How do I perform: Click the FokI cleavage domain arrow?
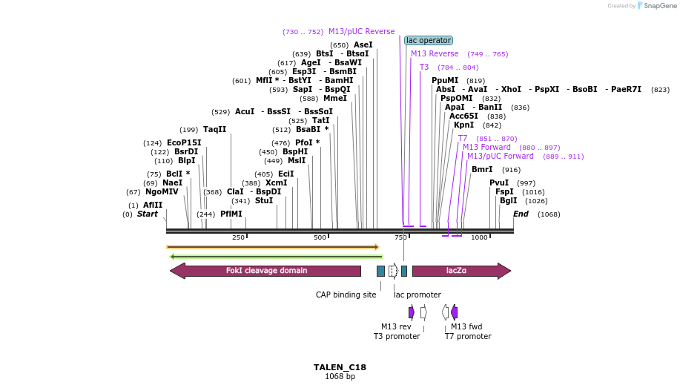267,271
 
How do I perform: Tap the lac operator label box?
429,41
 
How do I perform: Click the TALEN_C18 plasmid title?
340,367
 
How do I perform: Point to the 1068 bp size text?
340,377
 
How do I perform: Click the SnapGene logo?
655,6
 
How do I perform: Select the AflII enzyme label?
153,205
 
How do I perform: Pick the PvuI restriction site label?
499,183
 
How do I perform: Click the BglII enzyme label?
509,200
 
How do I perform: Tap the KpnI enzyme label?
463,125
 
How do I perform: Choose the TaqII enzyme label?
215,129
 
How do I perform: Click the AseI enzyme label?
363,45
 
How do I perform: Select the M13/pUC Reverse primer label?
361,32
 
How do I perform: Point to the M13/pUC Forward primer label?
501,157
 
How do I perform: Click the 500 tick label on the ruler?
320,237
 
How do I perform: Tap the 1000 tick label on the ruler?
480,237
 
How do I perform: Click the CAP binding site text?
346,295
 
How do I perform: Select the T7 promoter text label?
468,336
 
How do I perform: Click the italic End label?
521,214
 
